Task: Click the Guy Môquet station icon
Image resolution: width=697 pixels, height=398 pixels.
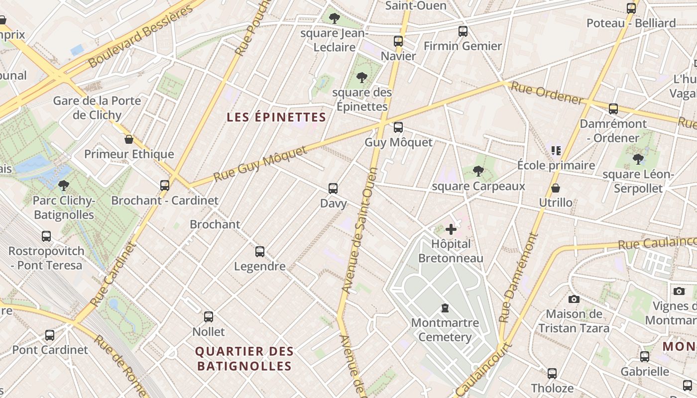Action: point(398,127)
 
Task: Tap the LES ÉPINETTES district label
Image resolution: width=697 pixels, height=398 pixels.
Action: point(276,117)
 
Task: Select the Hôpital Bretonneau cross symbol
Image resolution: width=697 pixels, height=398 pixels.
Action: point(451,229)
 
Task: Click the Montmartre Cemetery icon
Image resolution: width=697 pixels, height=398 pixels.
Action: point(445,308)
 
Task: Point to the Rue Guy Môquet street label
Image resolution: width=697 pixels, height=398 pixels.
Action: point(260,164)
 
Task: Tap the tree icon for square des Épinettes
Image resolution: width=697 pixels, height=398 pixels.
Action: point(362,78)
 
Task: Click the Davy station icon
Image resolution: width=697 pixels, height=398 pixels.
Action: point(333,189)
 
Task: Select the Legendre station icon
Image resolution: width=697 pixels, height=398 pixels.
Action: point(260,252)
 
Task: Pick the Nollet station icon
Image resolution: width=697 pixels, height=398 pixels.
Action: point(209,317)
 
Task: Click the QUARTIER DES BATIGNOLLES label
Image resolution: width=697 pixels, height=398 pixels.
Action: point(244,359)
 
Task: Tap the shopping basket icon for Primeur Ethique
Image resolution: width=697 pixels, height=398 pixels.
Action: point(129,139)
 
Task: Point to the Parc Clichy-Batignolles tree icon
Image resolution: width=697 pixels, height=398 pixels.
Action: point(63,186)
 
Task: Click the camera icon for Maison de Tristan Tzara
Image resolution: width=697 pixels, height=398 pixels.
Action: point(574,299)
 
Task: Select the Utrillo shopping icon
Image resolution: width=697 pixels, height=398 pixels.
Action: point(556,189)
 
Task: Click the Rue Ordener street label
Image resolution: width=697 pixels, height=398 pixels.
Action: point(547,93)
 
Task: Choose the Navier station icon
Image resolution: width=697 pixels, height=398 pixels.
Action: point(398,41)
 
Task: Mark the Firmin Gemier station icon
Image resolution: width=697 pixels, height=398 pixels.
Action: point(463,31)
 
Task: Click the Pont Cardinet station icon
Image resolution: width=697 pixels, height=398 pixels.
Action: point(50,335)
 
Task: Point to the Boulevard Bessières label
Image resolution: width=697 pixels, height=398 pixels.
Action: point(141,37)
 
